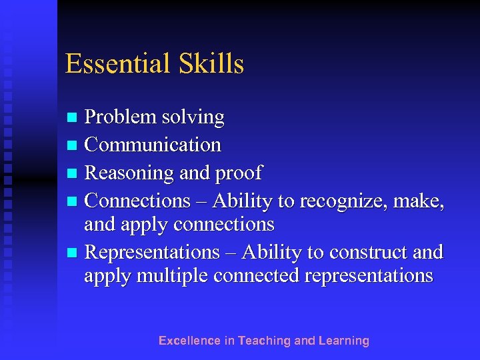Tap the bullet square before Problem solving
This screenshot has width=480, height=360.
click(74, 118)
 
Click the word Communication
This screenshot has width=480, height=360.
click(153, 145)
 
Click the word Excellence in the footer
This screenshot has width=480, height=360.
click(189, 341)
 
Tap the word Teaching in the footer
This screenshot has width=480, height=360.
click(265, 341)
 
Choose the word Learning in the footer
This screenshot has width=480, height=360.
click(343, 341)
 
